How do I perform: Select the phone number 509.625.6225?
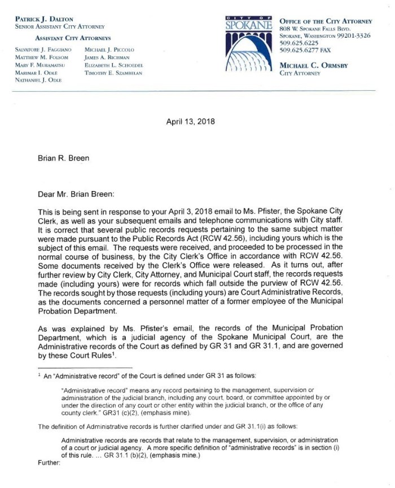point(299,43)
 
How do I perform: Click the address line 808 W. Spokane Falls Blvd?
point(319,28)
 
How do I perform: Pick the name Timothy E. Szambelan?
point(113,73)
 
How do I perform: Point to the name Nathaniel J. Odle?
point(38,81)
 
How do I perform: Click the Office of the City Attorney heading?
point(326,20)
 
